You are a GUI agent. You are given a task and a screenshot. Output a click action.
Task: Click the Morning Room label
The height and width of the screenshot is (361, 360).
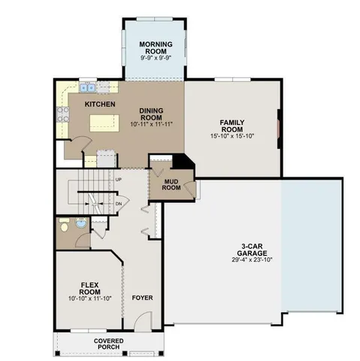(x=156, y=47)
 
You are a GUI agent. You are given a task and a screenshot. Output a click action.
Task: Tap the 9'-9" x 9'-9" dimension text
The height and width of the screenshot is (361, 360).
(x=156, y=58)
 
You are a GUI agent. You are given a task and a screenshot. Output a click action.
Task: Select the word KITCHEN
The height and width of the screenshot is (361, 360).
(x=99, y=103)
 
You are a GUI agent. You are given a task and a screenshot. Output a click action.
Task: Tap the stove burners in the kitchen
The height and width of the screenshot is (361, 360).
(x=60, y=115)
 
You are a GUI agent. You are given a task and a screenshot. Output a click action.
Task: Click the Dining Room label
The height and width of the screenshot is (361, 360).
(x=151, y=114)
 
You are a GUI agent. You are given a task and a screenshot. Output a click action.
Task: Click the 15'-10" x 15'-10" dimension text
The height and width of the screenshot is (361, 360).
(x=232, y=136)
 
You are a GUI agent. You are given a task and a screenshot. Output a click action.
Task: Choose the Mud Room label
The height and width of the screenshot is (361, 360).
(x=171, y=184)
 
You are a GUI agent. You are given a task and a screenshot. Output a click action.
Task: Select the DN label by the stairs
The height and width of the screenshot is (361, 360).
(x=118, y=203)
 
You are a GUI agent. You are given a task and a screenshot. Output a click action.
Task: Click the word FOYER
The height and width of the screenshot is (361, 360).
(x=142, y=298)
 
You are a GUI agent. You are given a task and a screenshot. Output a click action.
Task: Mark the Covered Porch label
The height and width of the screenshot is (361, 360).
(x=110, y=344)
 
